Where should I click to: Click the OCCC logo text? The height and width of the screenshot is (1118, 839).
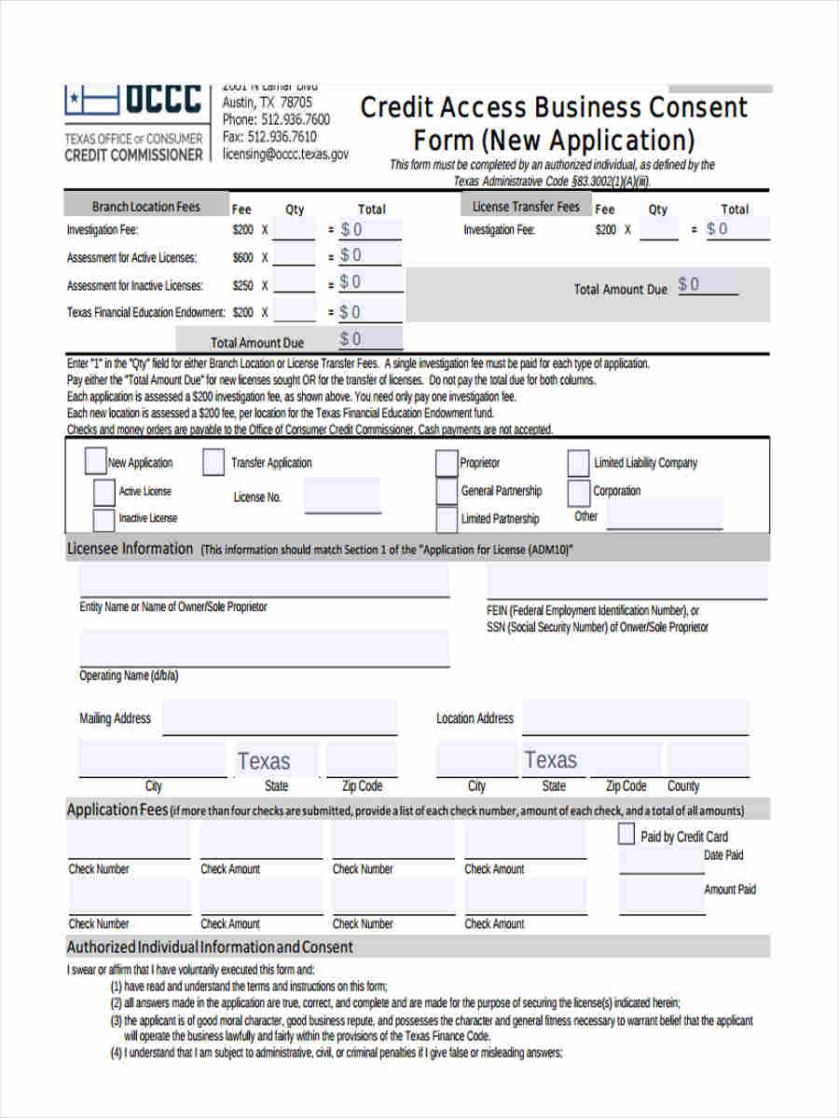pos(162,99)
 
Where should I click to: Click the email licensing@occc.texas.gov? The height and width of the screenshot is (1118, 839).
pos(285,155)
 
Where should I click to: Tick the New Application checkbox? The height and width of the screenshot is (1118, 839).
pos(95,461)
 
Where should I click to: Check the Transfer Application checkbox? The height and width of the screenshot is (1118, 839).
pos(213,462)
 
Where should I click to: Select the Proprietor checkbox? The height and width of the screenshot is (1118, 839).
pos(447,462)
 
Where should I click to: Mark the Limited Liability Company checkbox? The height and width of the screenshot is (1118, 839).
pos(578,462)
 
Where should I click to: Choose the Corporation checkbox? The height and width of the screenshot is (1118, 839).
pos(579,491)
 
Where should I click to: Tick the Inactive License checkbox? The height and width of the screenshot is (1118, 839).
pos(103,519)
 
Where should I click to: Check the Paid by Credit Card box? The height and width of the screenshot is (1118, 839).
pos(626,835)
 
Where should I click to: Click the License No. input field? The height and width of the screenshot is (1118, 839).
pos(342,496)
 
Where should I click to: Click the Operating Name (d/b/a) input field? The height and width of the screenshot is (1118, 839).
pos(264,648)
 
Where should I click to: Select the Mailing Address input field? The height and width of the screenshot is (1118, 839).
pos(280,718)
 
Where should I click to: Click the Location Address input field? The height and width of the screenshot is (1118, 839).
pos(634,718)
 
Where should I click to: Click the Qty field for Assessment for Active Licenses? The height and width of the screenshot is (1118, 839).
pos(295,255)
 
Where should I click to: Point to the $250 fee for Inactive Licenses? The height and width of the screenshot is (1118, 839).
pos(242,285)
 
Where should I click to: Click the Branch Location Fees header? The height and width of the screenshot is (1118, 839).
pos(145,207)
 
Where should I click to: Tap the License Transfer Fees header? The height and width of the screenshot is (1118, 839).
pos(526,207)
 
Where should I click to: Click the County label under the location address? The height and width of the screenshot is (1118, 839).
pos(683,785)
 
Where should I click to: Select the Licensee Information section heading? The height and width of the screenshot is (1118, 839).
pos(130,549)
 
